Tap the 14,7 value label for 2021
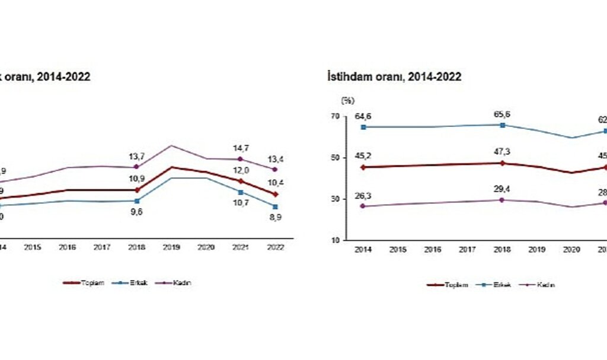tap(240, 149)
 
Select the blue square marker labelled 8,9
tap(274, 206)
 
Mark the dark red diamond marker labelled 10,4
tap(274, 194)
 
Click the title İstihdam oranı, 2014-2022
tap(394, 77)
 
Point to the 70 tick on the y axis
tap(335, 117)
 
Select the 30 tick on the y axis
tap(335, 199)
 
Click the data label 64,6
tap(364, 116)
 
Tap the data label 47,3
tap(502, 152)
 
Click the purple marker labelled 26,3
tap(364, 206)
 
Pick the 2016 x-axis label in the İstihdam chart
tap(433, 250)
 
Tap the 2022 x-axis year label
tap(274, 247)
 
